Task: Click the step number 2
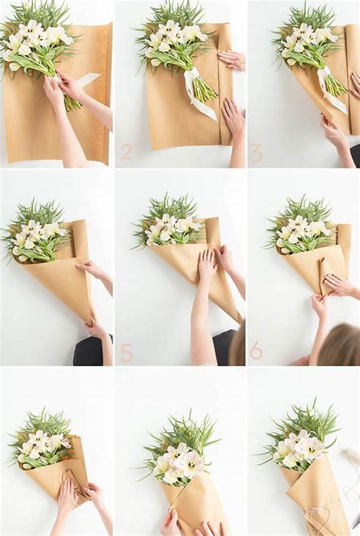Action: (126, 152)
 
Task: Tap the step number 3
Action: (256, 152)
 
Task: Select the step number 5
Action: (126, 353)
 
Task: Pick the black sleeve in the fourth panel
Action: (90, 351)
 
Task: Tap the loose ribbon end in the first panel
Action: (90, 78)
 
